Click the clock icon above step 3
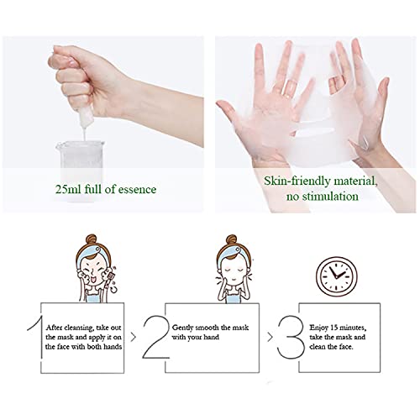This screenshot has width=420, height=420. coord(336,276)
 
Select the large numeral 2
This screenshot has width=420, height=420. coord(156,337)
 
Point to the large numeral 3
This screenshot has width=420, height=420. coord(291,337)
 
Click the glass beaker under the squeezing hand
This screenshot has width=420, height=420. coord(81,167)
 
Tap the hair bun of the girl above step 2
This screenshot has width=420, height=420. coord(231,240)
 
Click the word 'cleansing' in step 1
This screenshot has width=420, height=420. coord(79,328)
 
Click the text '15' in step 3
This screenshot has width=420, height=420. coord(333,328)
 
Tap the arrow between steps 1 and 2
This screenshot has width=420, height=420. coord(134,337)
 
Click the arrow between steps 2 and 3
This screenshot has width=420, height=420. coord(270,337)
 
